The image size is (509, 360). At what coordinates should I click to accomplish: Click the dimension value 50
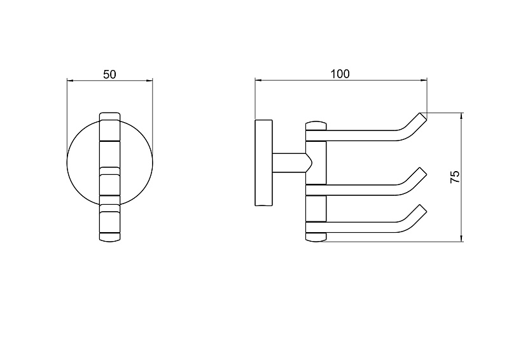click(x=109, y=74)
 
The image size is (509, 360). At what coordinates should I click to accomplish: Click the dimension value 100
click(x=340, y=74)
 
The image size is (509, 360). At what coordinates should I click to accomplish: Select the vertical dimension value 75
click(x=455, y=177)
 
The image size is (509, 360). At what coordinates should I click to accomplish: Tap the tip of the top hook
click(x=422, y=116)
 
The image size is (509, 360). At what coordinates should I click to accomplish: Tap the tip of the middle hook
click(x=423, y=170)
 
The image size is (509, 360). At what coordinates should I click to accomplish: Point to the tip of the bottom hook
click(x=423, y=208)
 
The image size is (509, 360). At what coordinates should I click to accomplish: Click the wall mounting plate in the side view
click(x=263, y=163)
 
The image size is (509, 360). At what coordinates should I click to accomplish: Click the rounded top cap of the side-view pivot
click(x=316, y=126)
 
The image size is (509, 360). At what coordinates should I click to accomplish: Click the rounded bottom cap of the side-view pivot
click(x=316, y=237)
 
